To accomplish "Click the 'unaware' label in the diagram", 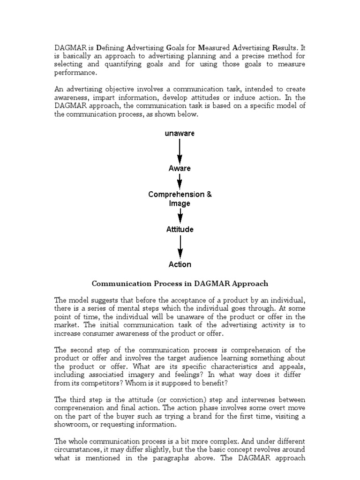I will (180, 134).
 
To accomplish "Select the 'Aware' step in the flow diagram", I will (180, 168).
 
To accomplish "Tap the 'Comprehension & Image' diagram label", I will (180, 199).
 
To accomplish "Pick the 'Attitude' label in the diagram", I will (180, 230).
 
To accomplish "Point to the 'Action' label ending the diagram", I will (180, 264).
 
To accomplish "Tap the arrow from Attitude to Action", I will (180, 247).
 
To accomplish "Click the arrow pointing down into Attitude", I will (180, 216).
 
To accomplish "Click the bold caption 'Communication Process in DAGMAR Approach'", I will (180, 284).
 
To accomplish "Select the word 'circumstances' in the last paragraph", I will (78, 450).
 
